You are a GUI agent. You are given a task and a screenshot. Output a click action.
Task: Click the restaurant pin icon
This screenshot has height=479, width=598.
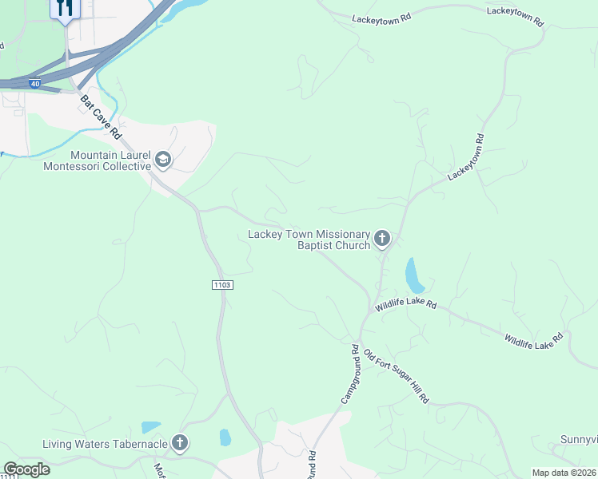66,9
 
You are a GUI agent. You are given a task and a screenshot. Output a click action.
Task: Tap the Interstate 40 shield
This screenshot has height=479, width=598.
34,83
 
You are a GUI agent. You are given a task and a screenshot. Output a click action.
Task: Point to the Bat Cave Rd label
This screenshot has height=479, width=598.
100,116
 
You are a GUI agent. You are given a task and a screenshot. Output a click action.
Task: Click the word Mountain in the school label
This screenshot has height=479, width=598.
94,155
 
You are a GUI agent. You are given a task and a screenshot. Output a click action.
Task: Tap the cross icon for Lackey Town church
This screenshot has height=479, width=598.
382,237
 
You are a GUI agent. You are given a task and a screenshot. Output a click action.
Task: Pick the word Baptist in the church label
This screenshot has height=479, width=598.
321,246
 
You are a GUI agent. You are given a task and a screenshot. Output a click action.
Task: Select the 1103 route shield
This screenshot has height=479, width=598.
222,285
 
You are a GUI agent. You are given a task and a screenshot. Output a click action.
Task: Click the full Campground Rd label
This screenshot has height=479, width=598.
348,373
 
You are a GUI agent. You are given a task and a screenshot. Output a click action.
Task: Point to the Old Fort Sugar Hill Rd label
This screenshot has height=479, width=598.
397,375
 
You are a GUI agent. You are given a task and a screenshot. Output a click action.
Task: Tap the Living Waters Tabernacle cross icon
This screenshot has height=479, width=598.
180,441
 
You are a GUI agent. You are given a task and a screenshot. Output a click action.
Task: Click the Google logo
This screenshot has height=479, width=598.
27,469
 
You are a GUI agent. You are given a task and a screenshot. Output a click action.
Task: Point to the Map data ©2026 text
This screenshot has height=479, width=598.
564,473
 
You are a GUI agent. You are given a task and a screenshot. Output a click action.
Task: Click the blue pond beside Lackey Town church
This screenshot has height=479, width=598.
414,275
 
